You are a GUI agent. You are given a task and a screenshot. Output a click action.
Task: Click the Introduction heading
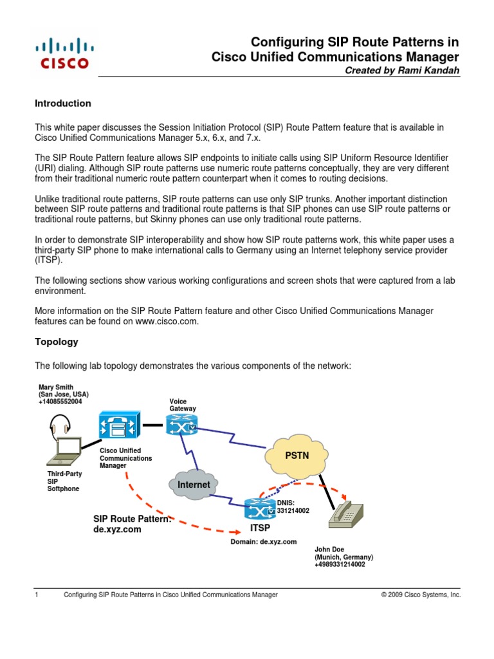point(62,103)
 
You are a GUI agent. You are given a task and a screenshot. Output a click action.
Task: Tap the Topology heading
point(57,342)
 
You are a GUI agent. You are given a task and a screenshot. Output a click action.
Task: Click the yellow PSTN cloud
point(297,456)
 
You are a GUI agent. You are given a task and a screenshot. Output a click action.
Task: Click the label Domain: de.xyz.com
point(264,542)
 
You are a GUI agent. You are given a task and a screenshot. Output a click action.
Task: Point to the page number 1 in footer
point(37,595)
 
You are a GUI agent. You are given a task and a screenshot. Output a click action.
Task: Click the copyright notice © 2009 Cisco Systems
point(421,595)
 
